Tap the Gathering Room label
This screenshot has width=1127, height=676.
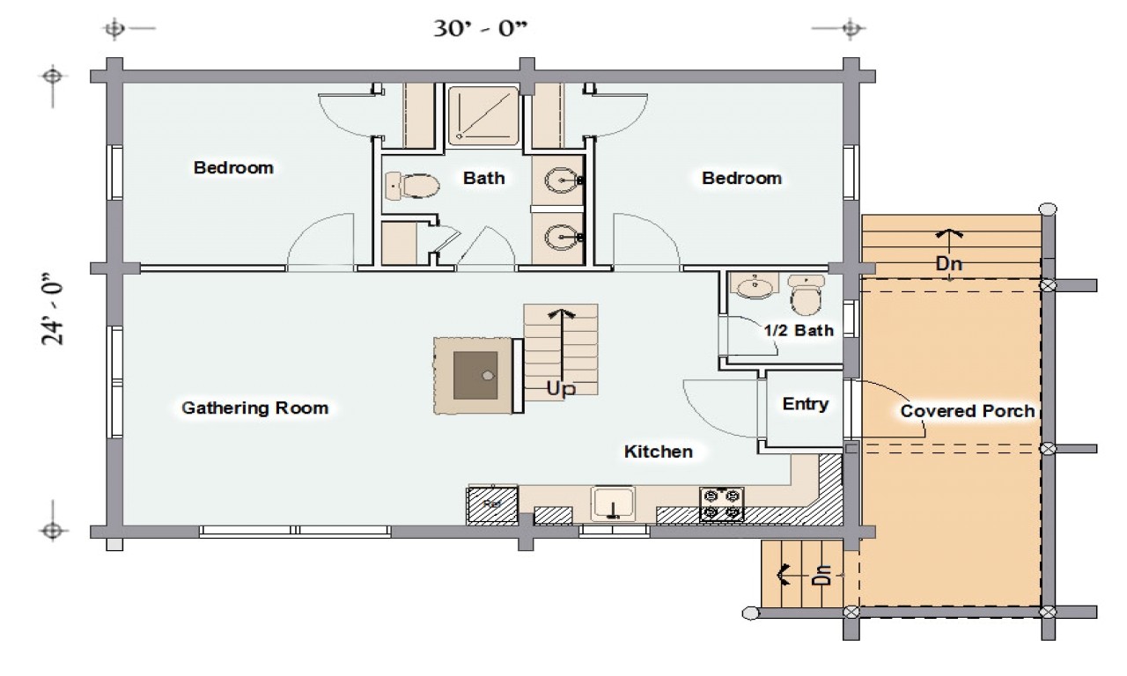click(x=254, y=408)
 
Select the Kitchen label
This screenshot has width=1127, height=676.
click(x=658, y=452)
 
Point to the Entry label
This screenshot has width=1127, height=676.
click(x=805, y=404)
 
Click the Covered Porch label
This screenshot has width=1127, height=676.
click(x=967, y=411)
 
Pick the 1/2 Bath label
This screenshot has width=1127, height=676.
click(x=797, y=331)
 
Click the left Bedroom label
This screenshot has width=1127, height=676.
click(x=233, y=167)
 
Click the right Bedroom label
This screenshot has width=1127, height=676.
click(x=741, y=178)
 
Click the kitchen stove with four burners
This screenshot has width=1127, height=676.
click(x=721, y=504)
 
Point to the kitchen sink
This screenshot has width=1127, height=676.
click(x=614, y=504)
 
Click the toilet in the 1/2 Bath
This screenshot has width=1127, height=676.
click(x=805, y=295)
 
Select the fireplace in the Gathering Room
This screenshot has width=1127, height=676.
click(x=476, y=375)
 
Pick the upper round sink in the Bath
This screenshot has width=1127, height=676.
click(x=558, y=180)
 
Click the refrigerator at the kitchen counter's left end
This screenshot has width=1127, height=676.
click(x=491, y=504)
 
